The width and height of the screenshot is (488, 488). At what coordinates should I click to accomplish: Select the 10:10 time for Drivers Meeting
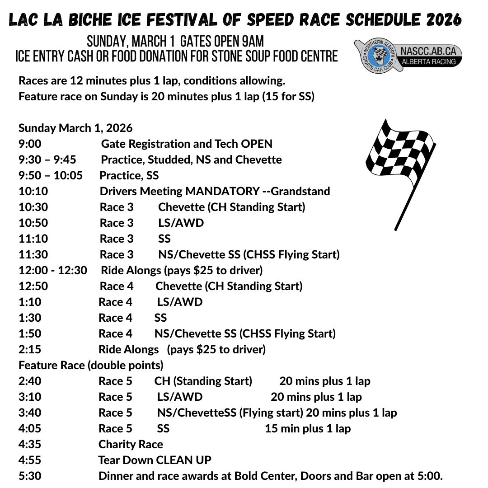click(33, 191)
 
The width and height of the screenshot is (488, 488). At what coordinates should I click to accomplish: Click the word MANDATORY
click(222, 191)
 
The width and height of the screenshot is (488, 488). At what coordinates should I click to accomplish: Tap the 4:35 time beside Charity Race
click(30, 444)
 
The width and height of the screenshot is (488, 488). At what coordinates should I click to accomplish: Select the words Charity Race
click(131, 444)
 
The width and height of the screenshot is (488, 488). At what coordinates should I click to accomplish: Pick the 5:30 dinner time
click(30, 476)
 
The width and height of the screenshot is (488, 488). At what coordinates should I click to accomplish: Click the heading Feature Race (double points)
click(91, 365)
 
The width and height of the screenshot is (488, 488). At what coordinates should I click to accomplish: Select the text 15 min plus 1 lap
click(308, 428)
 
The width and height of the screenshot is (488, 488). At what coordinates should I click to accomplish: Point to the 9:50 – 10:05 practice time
click(51, 175)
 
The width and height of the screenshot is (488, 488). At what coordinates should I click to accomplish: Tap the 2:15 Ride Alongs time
click(30, 349)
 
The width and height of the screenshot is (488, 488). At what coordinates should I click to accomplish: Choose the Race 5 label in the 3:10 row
click(115, 397)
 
